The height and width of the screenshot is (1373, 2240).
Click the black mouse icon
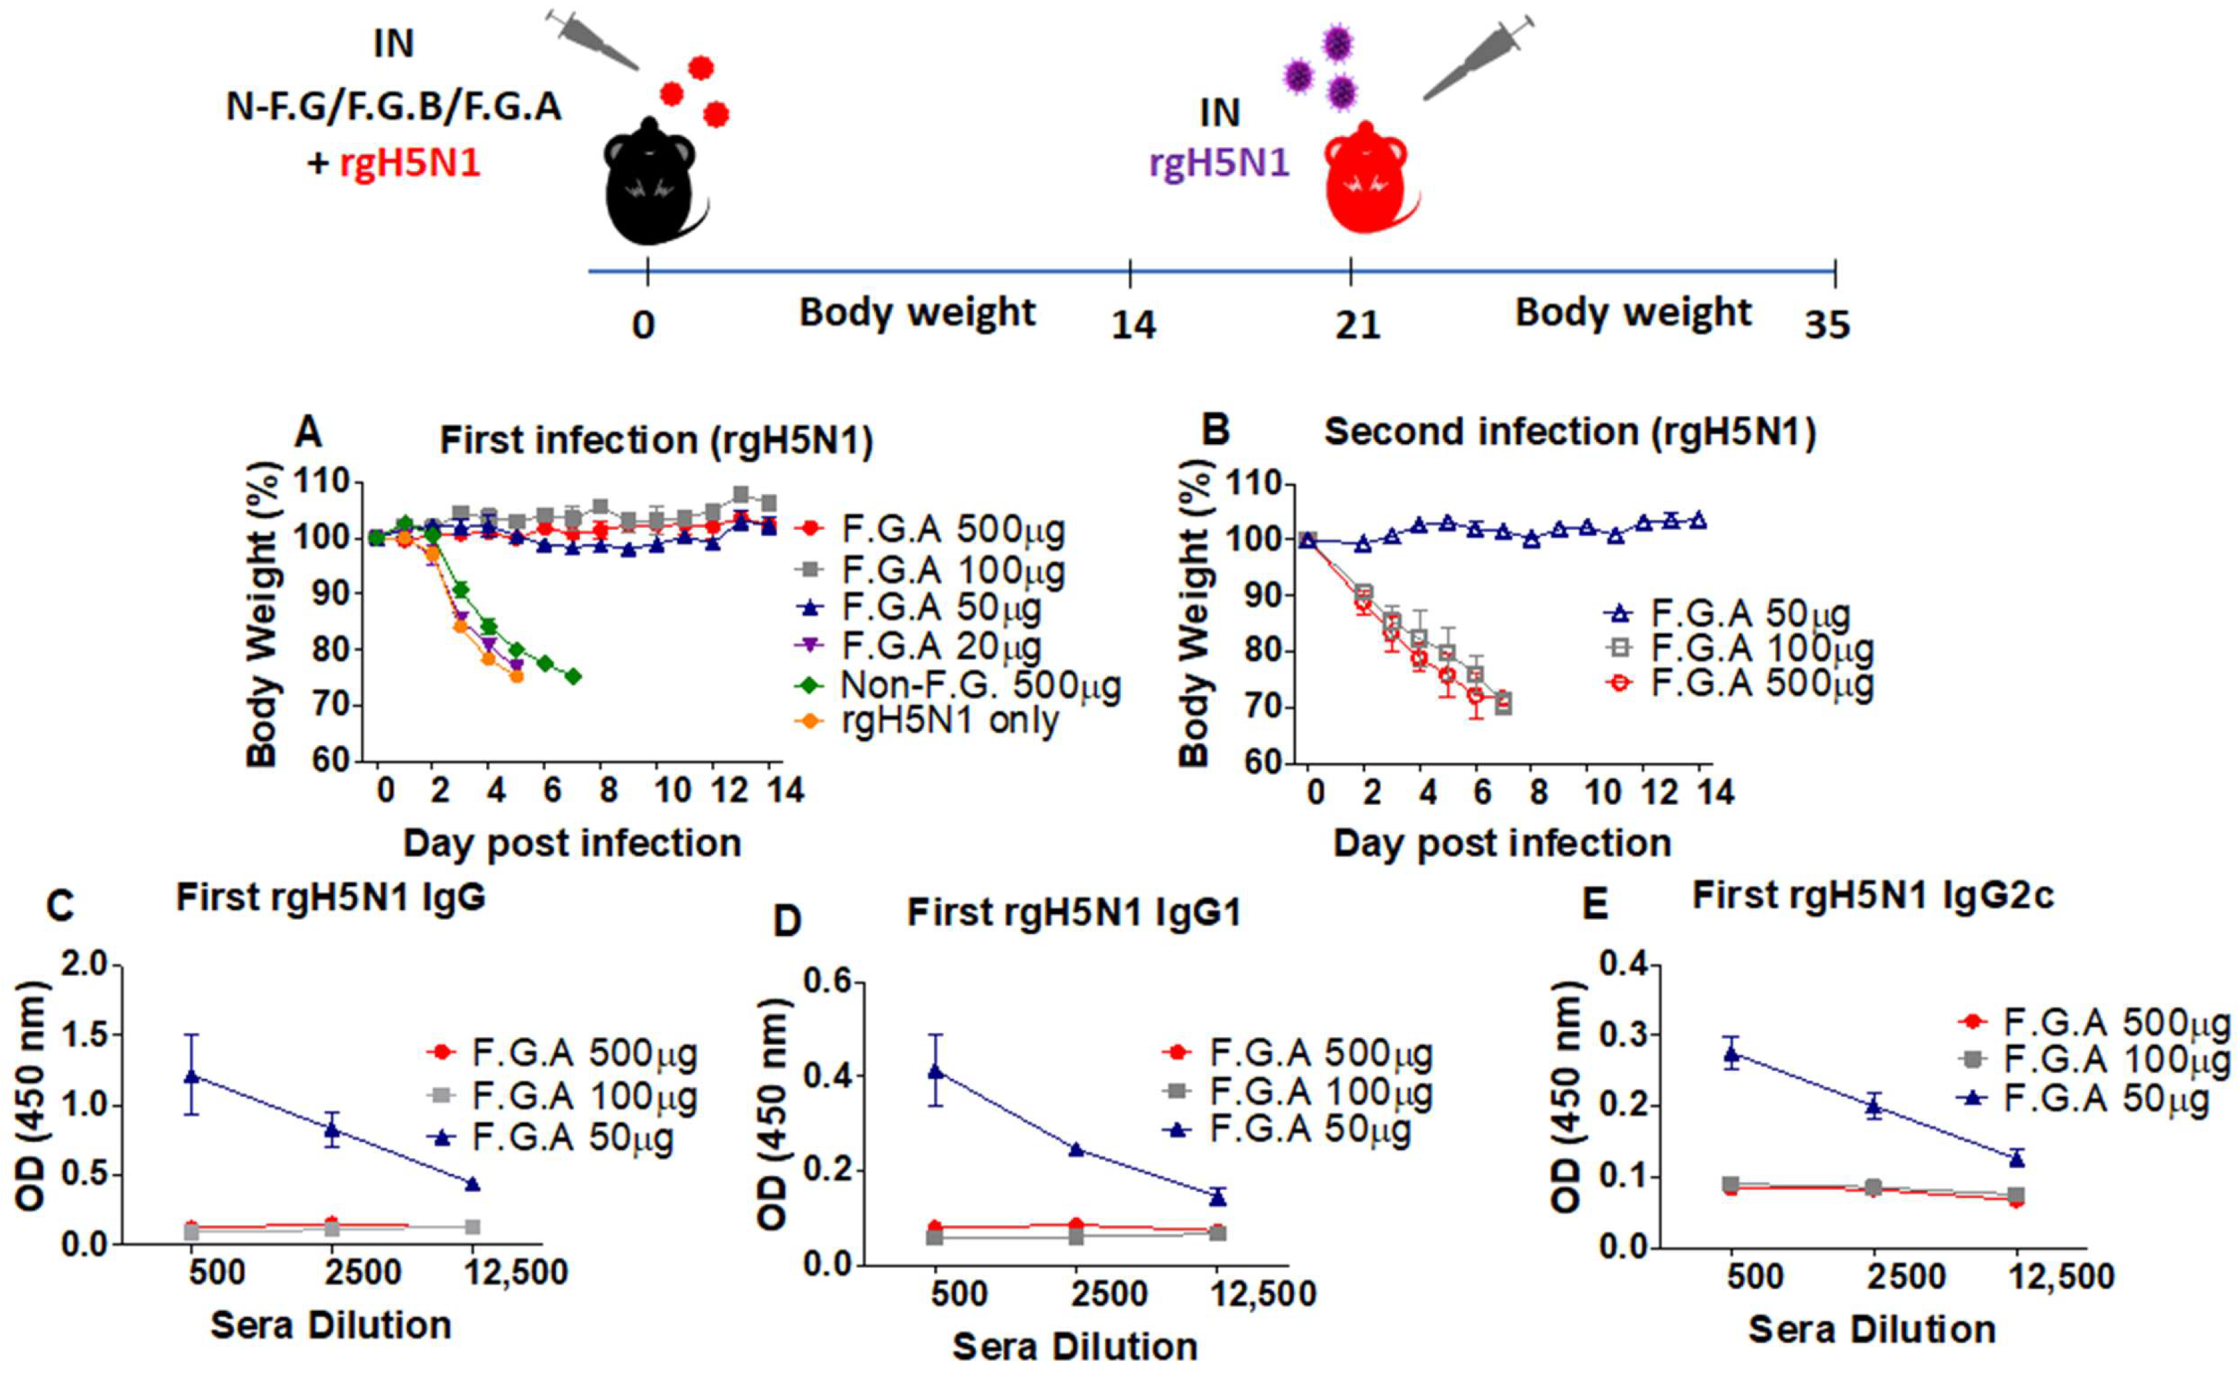coord(653,182)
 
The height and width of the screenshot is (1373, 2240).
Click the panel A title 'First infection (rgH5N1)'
coord(656,441)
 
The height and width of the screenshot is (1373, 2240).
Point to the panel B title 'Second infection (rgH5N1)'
coord(1570,433)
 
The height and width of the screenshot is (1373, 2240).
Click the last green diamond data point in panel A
coord(573,676)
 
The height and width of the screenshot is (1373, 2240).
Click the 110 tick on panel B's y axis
coord(1253,485)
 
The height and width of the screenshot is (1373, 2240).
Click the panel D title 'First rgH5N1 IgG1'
coord(1074,912)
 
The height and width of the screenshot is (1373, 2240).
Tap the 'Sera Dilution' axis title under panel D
coord(1075,1346)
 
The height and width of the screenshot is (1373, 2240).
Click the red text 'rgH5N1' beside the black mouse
coord(410,164)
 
